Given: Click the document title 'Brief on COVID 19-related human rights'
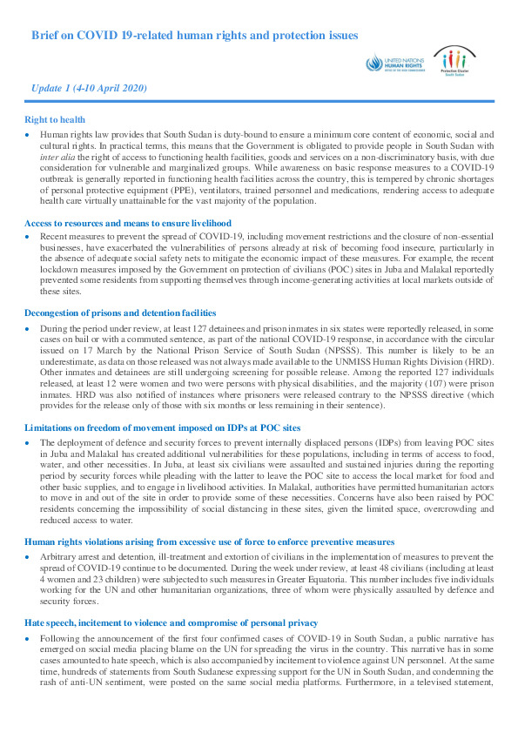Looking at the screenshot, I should tap(193, 36).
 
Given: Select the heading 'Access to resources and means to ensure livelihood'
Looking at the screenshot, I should tap(128, 223).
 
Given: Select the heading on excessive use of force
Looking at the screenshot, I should tap(209, 541).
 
